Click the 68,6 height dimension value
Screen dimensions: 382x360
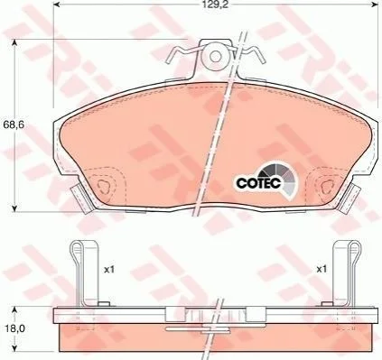[x=13, y=124]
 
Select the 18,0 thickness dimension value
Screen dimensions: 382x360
[x=13, y=328]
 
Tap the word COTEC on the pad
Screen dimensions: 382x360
[x=258, y=182]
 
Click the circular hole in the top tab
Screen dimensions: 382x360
[x=215, y=56]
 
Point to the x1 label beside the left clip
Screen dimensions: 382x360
[x=109, y=270]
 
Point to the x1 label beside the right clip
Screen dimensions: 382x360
[x=321, y=269]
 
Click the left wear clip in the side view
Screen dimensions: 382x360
[x=84, y=273]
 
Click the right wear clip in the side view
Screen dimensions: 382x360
[x=346, y=273]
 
